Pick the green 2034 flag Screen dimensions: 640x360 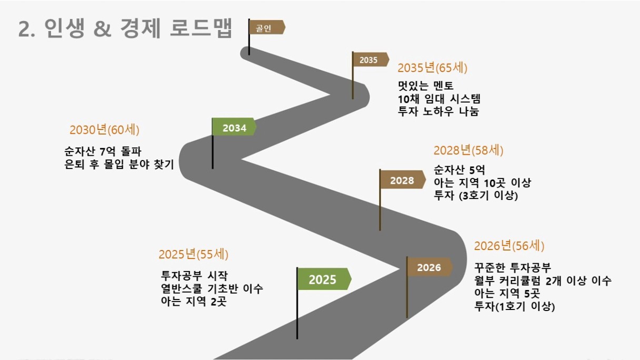pos(234,127)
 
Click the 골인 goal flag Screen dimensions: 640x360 pos(266,27)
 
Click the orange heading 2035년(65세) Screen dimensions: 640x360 pos(432,68)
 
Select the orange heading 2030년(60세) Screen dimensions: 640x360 pos(104,130)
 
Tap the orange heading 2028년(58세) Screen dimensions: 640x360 pos(468,151)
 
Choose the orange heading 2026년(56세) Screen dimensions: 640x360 pos(509,246)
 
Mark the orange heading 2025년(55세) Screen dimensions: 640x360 pos(194,254)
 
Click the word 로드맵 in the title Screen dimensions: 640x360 pos(201,28)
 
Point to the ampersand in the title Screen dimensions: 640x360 pos(102,29)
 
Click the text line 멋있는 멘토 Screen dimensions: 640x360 pos(426,86)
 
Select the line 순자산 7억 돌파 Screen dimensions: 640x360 pos(103,152)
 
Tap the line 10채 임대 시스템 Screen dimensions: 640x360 pos(439,99)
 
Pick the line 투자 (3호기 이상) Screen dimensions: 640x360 pos(476,196)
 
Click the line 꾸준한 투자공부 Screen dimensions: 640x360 pos(513,268)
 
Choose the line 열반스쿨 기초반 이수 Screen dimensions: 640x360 pos(212,288)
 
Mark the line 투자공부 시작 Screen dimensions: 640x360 pos(194,276)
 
